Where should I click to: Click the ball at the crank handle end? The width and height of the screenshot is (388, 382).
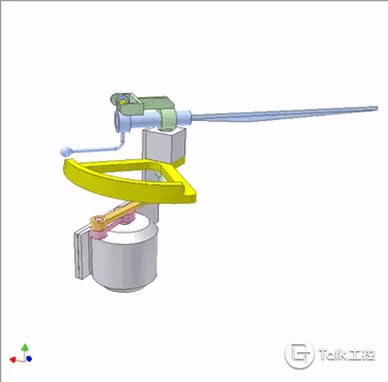point(66,151)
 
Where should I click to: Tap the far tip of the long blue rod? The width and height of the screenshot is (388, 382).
point(375,109)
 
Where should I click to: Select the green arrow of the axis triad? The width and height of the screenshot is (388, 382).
point(24,350)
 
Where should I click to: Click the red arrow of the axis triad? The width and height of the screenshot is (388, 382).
point(13,359)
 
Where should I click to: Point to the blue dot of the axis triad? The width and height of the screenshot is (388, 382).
point(29,359)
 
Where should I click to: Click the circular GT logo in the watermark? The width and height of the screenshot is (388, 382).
point(299,354)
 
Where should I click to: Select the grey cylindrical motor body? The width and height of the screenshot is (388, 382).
point(124,255)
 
